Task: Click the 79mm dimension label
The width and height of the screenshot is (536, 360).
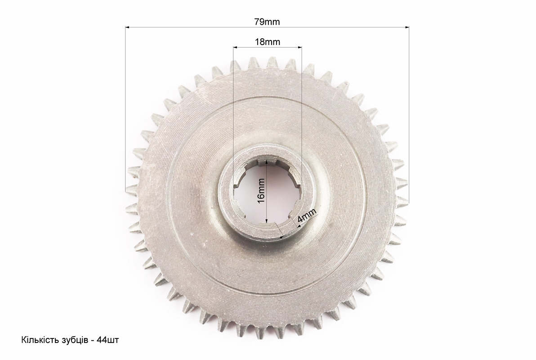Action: coord(267,22)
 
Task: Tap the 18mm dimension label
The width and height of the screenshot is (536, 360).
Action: coord(267,42)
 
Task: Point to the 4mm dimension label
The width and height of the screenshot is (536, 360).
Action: coord(307,216)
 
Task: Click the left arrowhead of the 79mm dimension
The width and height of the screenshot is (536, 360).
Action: coord(128,27)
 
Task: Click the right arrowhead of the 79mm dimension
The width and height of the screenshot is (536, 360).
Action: coord(407,27)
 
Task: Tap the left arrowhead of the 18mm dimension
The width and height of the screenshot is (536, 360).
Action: coord(236,47)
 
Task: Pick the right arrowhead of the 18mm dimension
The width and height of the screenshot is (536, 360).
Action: coord(299,47)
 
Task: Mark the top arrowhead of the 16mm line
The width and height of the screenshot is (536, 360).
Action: coord(266,164)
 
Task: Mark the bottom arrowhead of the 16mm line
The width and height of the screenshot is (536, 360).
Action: coord(266,220)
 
